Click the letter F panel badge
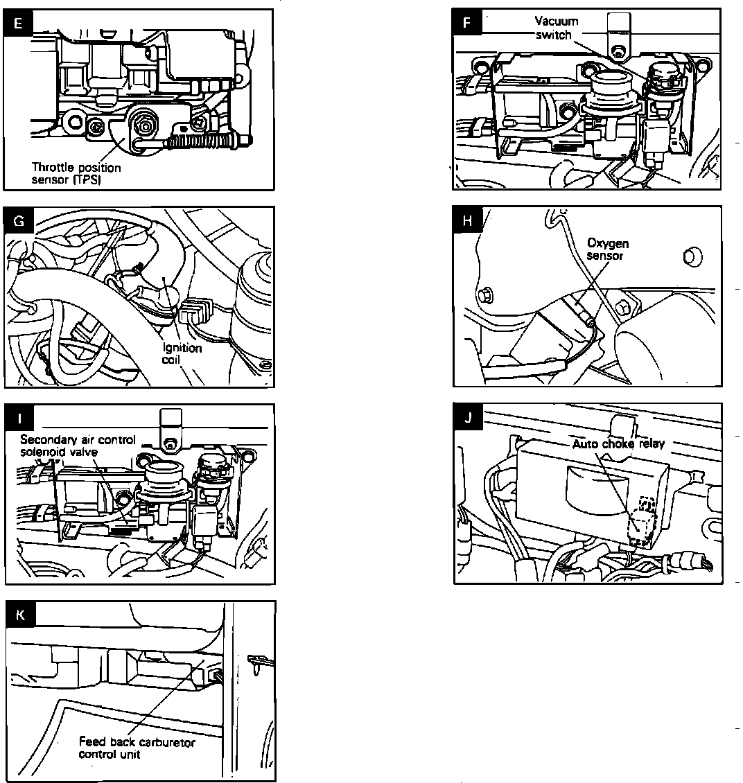(467, 23)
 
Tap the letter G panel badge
(19, 221)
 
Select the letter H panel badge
(468, 221)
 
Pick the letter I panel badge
(19, 419)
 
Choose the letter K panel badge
(19, 615)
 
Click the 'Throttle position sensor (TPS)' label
(76, 173)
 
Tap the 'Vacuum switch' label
(556, 28)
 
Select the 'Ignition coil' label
(182, 353)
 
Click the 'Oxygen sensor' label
(608, 249)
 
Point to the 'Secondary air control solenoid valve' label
(78, 445)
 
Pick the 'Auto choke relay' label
(618, 443)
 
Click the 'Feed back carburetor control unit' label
(137, 748)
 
